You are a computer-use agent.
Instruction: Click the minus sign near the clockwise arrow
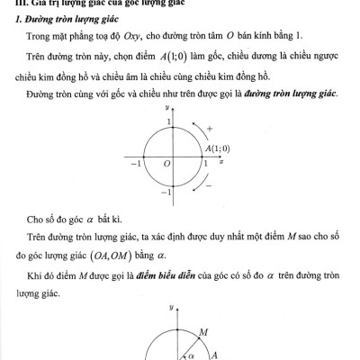point(210,185)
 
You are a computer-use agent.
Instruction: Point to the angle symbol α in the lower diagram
point(191,354)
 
